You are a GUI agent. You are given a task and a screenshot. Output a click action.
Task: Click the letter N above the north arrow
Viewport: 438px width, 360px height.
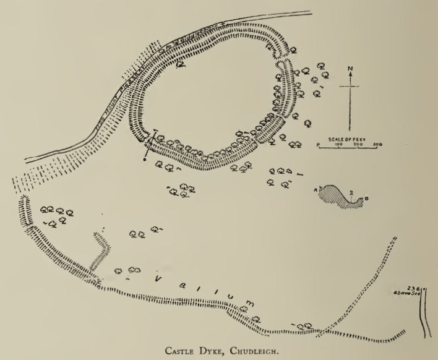(x=351, y=68)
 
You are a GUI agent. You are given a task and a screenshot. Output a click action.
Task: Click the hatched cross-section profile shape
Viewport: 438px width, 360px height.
(x=339, y=196)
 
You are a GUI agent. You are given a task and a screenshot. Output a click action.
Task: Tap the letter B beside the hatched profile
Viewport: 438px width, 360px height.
(x=367, y=199)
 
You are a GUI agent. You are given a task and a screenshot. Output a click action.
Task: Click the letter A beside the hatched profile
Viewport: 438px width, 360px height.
(x=317, y=189)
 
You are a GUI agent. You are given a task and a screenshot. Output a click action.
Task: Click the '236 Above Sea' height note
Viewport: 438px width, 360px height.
(x=411, y=291)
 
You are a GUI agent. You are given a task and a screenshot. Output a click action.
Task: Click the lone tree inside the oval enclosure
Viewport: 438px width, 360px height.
(x=180, y=62)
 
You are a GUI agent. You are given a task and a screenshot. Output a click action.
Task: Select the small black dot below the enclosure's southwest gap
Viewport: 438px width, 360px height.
(x=144, y=160)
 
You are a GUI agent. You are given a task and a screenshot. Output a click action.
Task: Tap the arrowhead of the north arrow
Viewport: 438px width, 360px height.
(x=351, y=75)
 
